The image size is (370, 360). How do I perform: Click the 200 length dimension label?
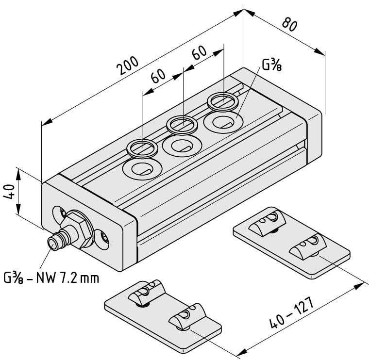[x=128, y=65]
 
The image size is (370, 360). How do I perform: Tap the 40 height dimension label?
[x=10, y=192]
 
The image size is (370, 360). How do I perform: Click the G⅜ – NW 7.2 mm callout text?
[x=51, y=278]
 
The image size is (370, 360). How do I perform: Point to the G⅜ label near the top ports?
[x=272, y=65]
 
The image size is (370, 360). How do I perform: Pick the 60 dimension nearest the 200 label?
[x=158, y=76]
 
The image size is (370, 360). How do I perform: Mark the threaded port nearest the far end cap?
[x=223, y=122]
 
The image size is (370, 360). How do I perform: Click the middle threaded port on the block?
[x=183, y=146]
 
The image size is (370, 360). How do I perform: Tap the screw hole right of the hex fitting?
[x=103, y=239]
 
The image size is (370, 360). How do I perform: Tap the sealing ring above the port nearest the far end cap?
[x=223, y=102]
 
